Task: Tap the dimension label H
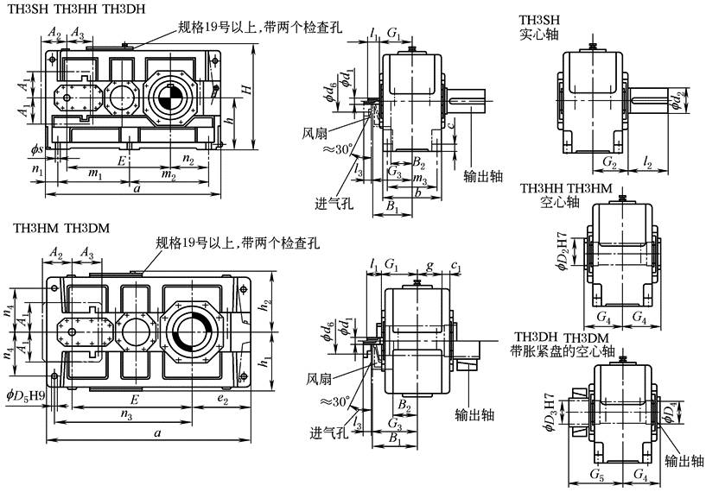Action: click(246, 89)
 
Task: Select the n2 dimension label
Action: click(188, 160)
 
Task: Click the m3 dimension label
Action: click(420, 179)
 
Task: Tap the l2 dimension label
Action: click(649, 161)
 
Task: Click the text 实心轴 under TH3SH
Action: click(538, 35)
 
